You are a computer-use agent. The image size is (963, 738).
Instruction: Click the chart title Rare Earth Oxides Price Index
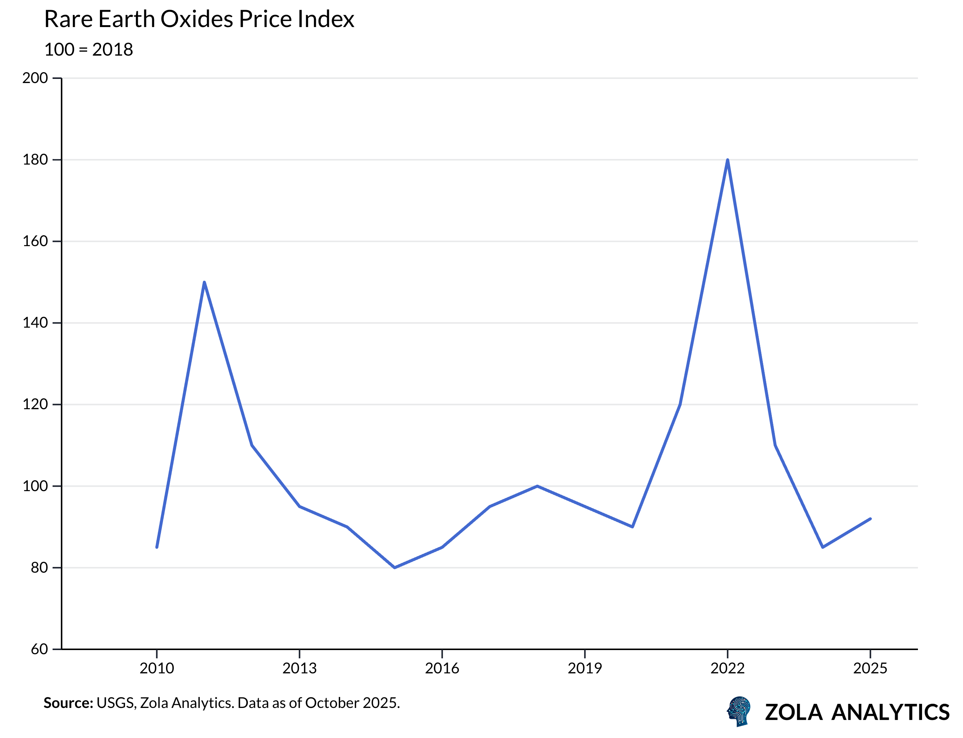click(x=199, y=19)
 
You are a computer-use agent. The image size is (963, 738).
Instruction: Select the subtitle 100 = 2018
click(x=88, y=50)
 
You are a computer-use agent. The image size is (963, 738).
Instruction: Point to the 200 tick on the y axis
click(x=35, y=78)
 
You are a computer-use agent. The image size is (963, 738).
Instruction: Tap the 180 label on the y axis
click(x=35, y=160)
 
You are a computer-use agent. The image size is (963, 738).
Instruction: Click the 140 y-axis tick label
click(x=35, y=323)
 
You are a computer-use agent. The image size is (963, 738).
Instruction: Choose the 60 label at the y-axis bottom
click(x=39, y=649)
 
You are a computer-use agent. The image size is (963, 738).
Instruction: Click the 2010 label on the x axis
click(x=157, y=668)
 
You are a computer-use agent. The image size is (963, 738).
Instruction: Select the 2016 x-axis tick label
click(x=442, y=668)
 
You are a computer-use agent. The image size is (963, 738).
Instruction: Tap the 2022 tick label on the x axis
click(x=728, y=668)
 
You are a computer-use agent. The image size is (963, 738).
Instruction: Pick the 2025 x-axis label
click(x=870, y=668)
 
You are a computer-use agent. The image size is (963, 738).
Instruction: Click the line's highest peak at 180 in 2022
click(x=728, y=160)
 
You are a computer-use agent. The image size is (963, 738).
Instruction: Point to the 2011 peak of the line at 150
click(x=204, y=283)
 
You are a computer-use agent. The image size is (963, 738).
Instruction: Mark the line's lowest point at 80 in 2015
click(x=394, y=567)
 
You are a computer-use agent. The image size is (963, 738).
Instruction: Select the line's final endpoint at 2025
click(x=870, y=519)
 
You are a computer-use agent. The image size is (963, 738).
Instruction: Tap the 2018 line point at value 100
click(x=537, y=486)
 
